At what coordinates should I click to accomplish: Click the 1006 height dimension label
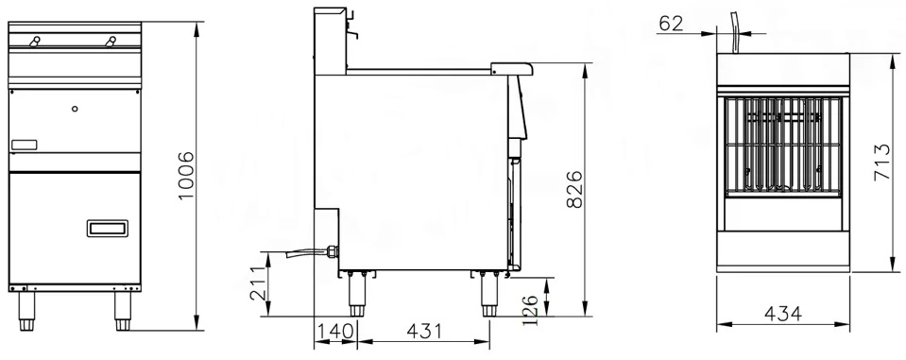[x=186, y=176]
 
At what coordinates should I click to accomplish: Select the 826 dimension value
[x=574, y=189]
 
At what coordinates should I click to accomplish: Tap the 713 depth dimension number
[x=881, y=163]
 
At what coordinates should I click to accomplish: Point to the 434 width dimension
[x=783, y=314]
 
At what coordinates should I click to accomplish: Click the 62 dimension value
[x=671, y=24]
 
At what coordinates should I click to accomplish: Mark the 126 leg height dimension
[x=531, y=310]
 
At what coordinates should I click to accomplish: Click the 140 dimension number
[x=334, y=331]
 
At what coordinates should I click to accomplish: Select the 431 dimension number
[x=424, y=331]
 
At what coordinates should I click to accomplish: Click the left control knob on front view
[x=35, y=41]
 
